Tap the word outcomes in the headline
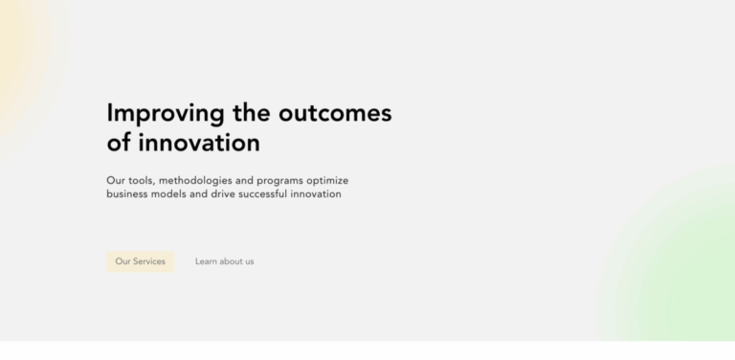[335, 113]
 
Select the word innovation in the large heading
[199, 144]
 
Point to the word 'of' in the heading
[120, 144]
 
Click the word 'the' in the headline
[252, 113]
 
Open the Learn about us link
[224, 261]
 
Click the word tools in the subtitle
[141, 180]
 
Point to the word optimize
[348, 180]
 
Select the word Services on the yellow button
[148, 261]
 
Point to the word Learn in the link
[206, 261]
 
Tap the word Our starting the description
[116, 180]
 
